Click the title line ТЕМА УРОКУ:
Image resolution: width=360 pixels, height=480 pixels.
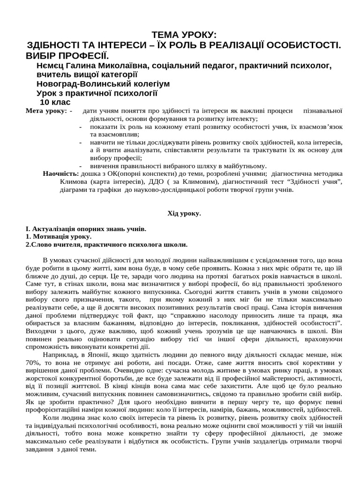184,36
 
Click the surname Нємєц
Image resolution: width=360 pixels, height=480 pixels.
52,66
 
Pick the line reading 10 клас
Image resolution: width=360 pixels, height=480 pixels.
55,102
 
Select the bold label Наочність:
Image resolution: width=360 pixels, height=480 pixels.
61,173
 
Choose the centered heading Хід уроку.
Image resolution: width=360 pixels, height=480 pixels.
184,213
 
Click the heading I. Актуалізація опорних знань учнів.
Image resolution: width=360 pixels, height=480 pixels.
86,229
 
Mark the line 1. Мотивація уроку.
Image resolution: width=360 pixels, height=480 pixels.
59,237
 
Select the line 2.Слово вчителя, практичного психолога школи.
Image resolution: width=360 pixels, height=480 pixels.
106,244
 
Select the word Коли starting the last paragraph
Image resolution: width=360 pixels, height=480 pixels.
51,417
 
